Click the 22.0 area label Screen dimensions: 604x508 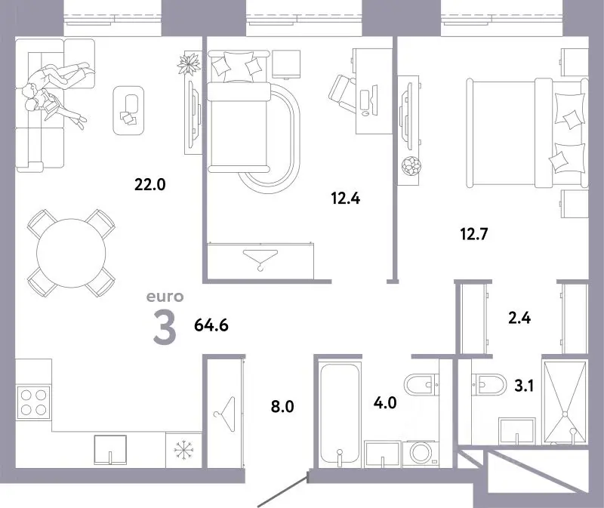[x=149, y=184]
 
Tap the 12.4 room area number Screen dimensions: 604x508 [x=346, y=199]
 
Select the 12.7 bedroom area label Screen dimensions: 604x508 [x=474, y=234]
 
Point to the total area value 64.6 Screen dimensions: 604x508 [x=211, y=325]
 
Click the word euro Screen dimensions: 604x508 [x=165, y=297]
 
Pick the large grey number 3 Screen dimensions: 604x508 [x=165, y=328]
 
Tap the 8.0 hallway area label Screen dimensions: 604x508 [x=282, y=406]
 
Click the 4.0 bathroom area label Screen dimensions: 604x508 [x=385, y=402]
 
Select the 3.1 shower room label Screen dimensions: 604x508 [x=524, y=385]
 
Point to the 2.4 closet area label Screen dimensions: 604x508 [x=519, y=318]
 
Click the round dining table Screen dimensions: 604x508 [x=71, y=253]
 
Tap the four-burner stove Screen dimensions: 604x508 [x=33, y=402]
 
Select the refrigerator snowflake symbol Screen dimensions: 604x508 [x=183, y=449]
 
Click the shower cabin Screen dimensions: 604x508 [x=565, y=401]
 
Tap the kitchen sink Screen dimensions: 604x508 [x=110, y=449]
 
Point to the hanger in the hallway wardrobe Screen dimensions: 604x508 [x=225, y=414]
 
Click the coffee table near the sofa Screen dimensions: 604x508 [x=128, y=110]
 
